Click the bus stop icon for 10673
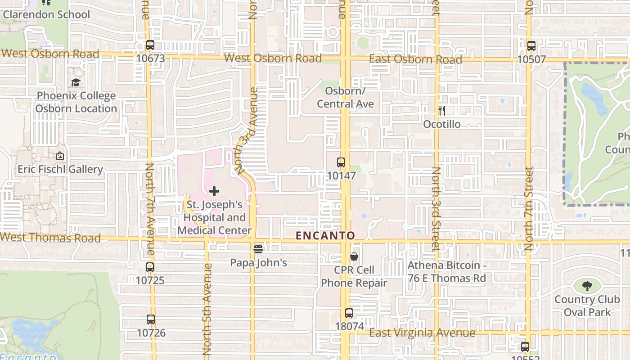point(150,45)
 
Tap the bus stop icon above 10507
point(531,46)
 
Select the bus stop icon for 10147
point(341,162)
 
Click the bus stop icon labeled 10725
point(150,267)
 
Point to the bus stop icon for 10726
point(151,319)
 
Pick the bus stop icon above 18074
point(349,313)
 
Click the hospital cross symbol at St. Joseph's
point(214,191)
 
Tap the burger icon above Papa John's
point(258,249)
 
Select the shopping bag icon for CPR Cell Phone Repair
point(354,256)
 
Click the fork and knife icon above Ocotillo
point(442,111)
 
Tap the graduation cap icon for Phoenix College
point(76,83)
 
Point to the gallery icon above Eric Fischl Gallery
point(60,156)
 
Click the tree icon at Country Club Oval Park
point(587,285)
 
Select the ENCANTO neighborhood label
point(325,235)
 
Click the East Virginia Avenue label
point(422,333)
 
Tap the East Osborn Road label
point(415,59)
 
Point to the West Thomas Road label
point(50,238)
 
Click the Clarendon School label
point(46,14)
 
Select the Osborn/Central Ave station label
point(345,97)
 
